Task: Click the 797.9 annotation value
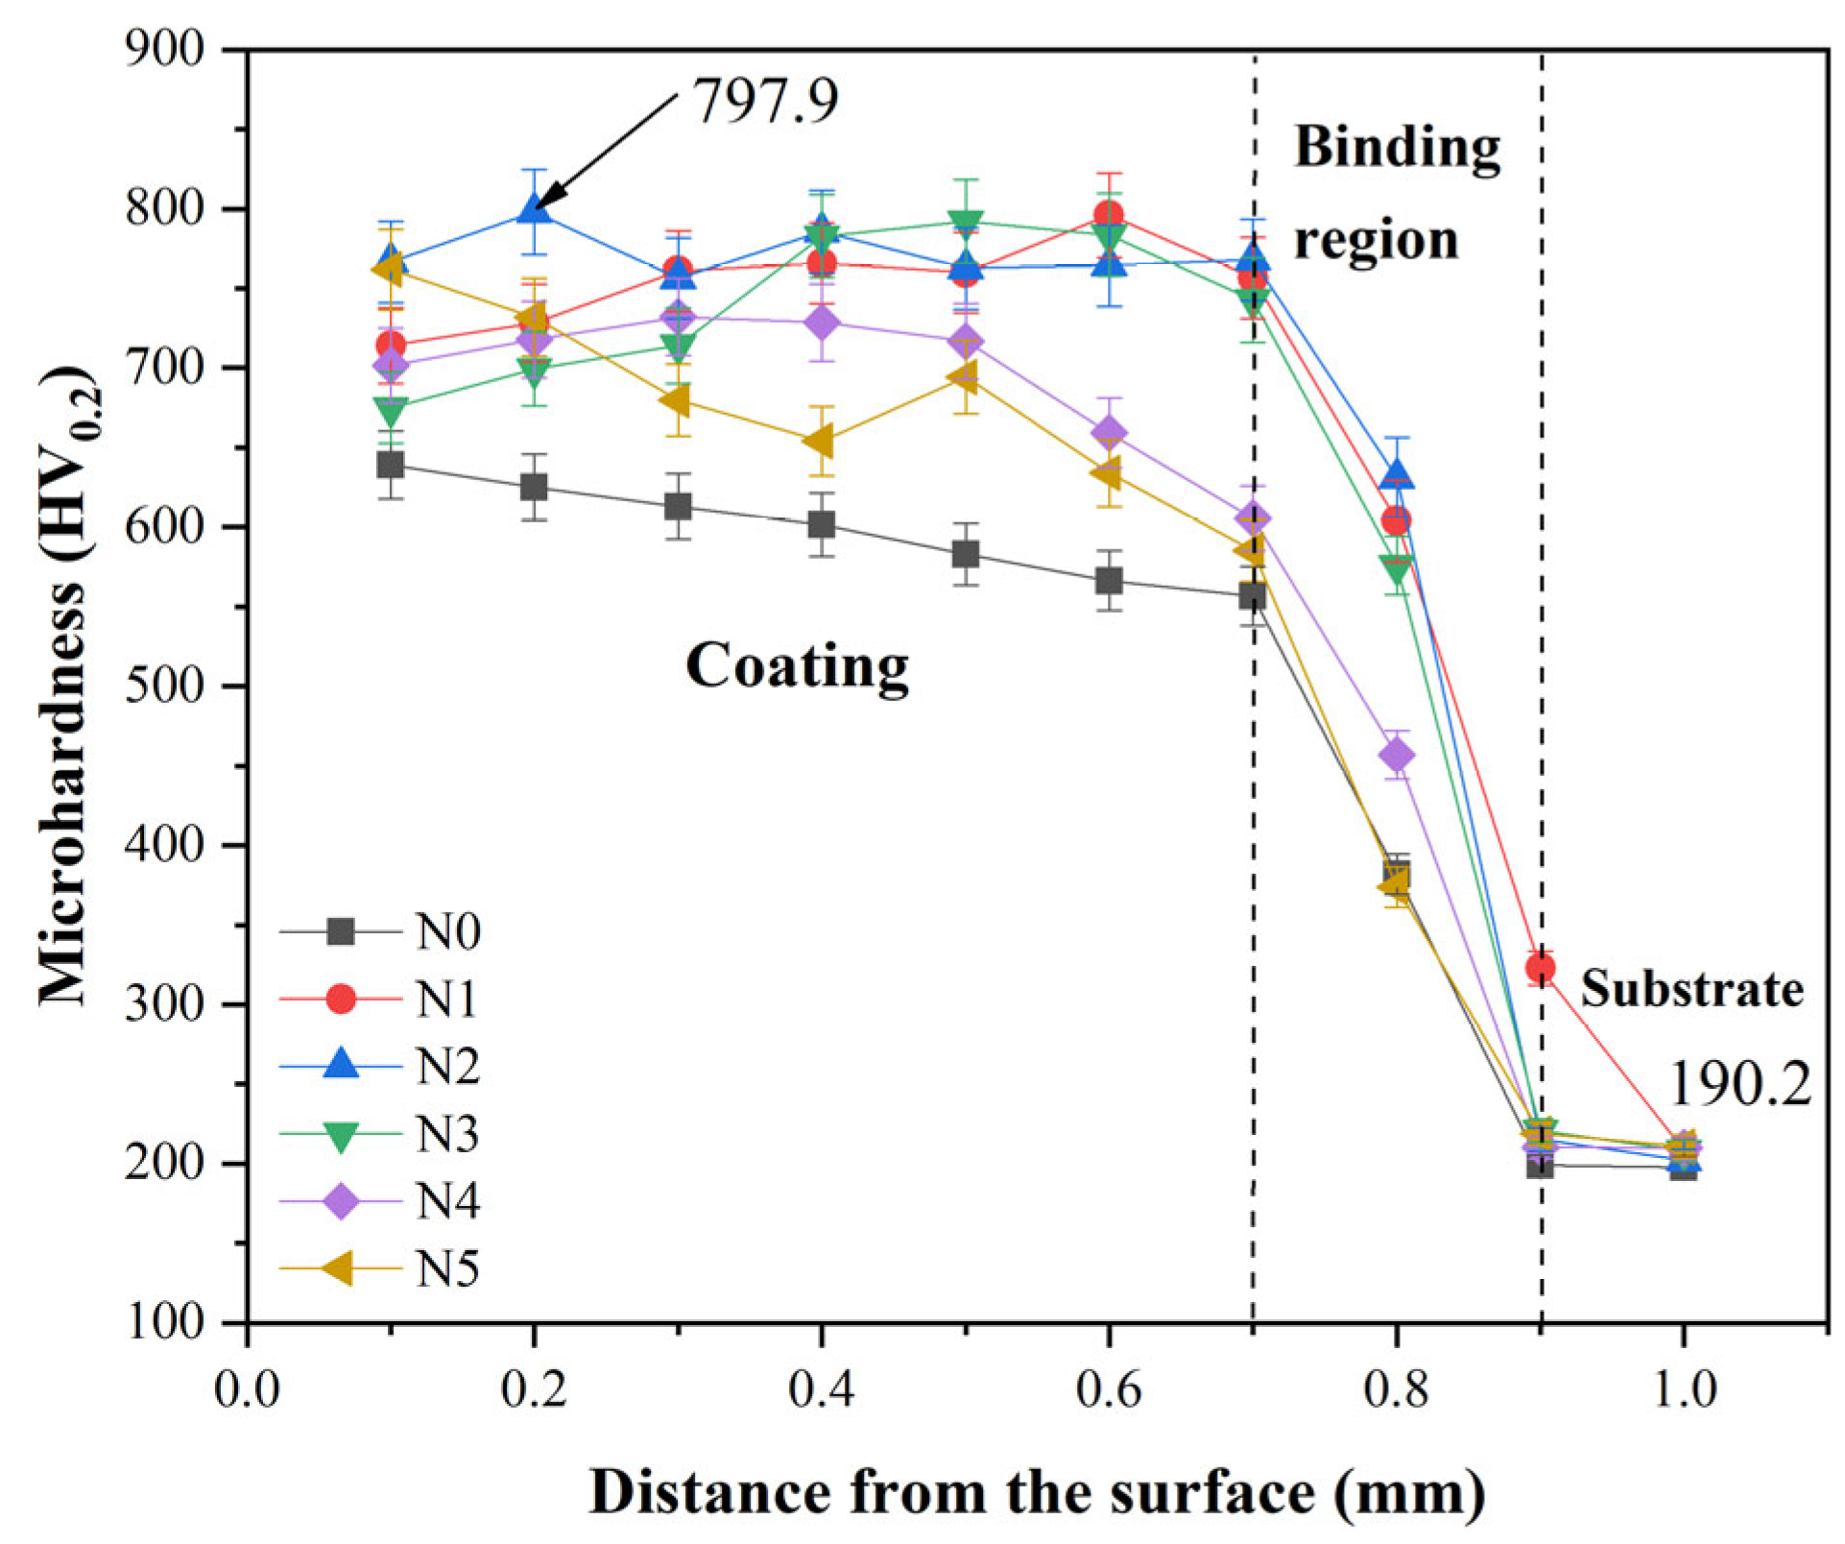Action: coord(765,101)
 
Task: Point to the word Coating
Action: coord(797,665)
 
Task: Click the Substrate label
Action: coord(1691,989)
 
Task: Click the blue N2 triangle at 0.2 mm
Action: coord(534,208)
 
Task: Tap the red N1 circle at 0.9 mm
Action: coord(1540,968)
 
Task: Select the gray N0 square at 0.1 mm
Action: coord(390,466)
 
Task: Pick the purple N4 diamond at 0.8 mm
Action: coord(1396,756)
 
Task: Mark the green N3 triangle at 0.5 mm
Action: coord(966,223)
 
